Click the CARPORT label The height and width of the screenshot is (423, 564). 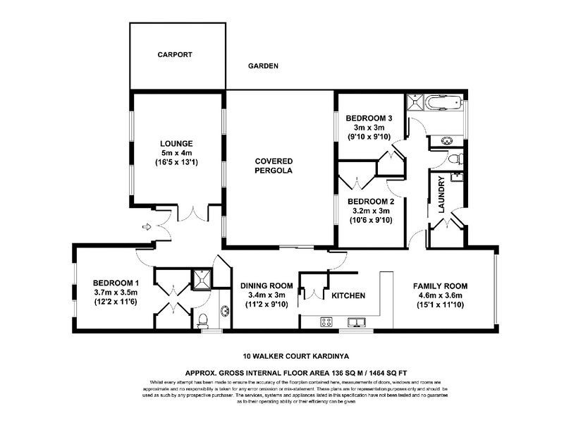tap(175, 54)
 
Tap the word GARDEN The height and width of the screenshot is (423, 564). tap(263, 66)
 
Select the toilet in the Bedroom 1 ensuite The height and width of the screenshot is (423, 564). tap(203, 319)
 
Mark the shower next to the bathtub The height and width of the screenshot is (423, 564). tap(417, 104)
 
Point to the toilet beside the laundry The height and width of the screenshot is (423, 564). tap(455, 157)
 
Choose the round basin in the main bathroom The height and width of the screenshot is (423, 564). tap(447, 140)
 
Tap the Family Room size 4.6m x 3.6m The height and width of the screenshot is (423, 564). tap(441, 296)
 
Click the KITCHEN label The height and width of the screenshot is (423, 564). tap(348, 295)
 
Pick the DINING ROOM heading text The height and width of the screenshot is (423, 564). tap(262, 286)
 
